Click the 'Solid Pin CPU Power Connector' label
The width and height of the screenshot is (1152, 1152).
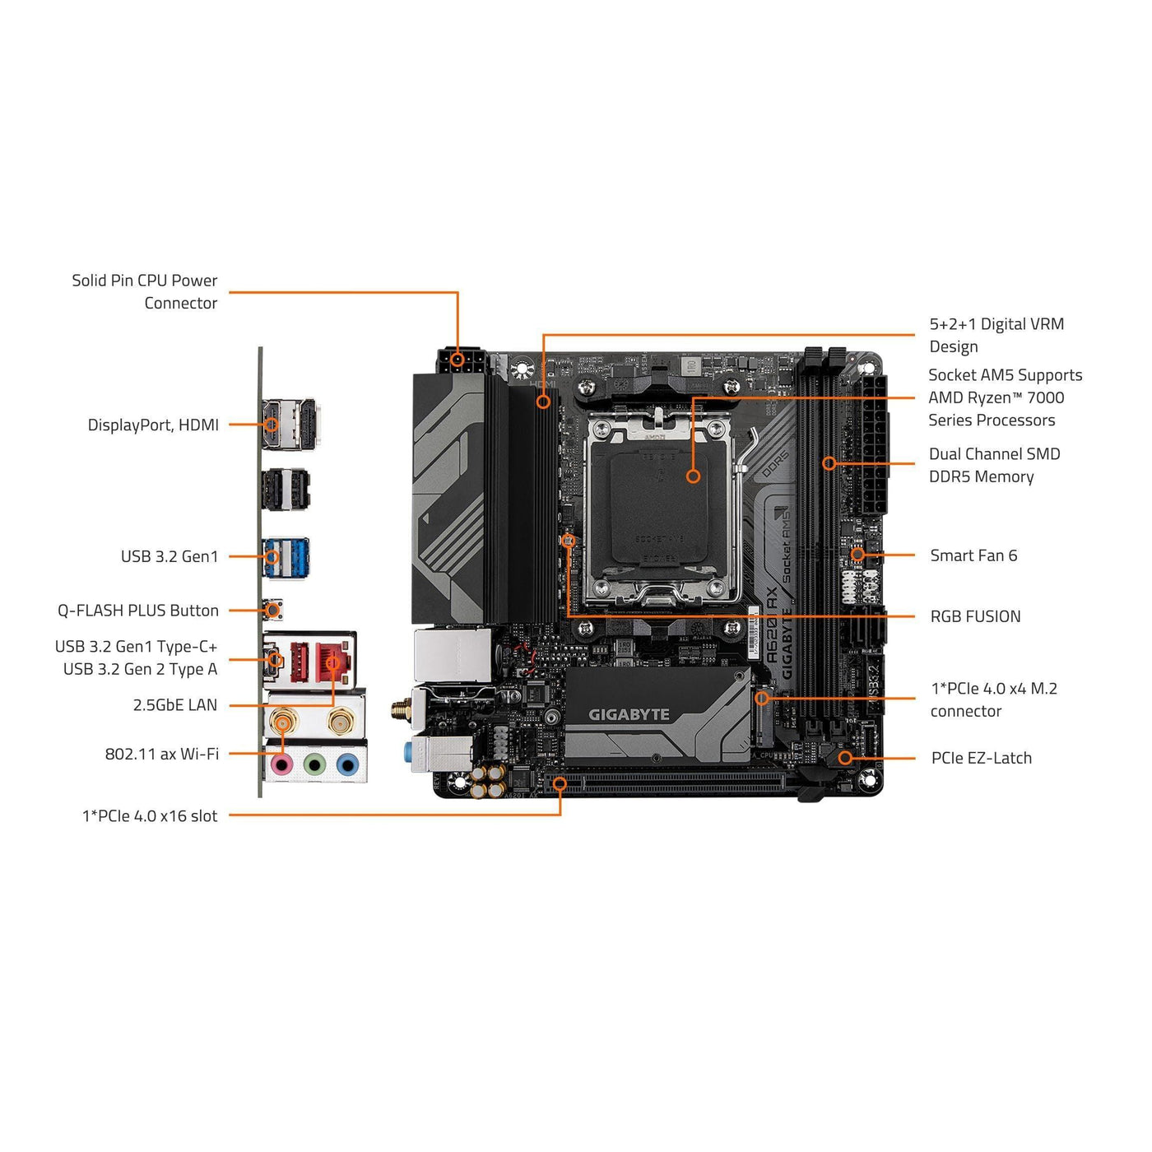145,291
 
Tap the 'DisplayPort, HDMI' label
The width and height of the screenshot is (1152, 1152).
153,425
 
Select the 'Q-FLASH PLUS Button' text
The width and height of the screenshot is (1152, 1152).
138,611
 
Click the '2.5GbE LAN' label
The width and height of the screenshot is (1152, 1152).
175,705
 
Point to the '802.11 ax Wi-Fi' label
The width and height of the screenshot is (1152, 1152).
162,754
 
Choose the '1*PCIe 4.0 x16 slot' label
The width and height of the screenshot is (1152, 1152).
150,815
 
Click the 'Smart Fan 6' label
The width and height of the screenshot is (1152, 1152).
973,555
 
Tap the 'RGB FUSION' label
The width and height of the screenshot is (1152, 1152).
975,616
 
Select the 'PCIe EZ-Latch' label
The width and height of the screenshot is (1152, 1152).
981,758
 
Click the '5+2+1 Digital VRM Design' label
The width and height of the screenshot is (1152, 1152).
996,335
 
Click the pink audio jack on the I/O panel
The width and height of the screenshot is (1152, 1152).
282,765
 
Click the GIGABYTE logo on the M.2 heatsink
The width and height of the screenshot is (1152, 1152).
629,714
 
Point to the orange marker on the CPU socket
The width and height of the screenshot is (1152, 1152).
693,476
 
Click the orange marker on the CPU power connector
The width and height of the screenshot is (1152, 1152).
458,360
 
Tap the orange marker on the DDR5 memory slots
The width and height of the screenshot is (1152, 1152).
829,463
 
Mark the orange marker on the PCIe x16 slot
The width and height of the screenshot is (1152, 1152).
560,783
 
